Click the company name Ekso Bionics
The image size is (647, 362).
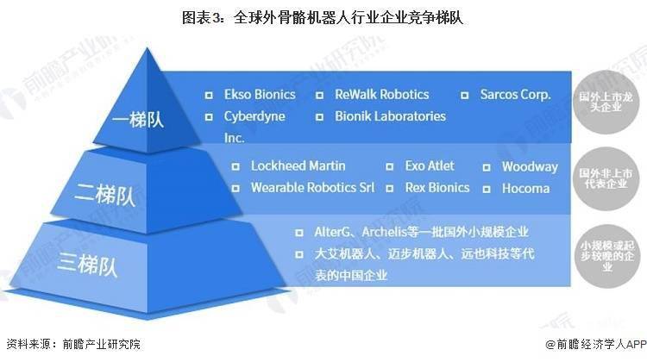tap(259, 95)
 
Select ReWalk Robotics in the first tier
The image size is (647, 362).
tap(382, 95)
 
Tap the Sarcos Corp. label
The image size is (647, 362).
tap(515, 95)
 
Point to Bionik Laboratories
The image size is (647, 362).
tap(390, 115)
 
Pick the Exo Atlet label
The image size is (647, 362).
tap(430, 165)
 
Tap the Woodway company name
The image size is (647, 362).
tap(530, 166)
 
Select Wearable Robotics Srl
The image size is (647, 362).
tap(307, 187)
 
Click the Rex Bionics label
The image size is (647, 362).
tap(437, 187)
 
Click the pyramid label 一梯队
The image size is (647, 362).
tap(139, 119)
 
